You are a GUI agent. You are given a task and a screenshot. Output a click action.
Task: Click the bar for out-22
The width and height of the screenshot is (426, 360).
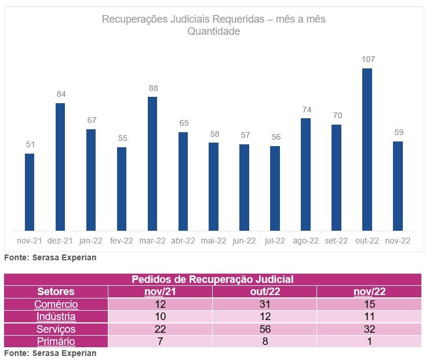coord(367,150)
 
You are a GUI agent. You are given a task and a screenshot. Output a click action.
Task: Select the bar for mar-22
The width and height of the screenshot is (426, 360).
coord(152,163)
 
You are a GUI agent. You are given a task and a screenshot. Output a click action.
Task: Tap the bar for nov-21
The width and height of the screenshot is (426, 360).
coord(30,192)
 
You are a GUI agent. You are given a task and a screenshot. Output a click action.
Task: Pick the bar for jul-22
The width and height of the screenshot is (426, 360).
coord(275,188)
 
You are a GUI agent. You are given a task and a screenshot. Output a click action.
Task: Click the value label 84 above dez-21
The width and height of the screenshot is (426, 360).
coord(61,94)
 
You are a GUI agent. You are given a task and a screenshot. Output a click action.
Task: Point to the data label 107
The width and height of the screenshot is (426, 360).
coord(367,59)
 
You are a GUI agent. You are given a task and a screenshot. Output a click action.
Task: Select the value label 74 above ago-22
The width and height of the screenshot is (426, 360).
coord(305,109)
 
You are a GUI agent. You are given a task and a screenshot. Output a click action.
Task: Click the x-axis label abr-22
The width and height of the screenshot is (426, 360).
coord(183,241)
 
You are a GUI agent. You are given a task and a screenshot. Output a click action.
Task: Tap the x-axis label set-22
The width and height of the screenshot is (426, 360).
coord(336,241)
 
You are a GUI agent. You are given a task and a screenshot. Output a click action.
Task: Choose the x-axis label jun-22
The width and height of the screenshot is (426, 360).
coord(244,241)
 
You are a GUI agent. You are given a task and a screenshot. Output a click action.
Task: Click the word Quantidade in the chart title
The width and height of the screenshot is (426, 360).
coord(213,32)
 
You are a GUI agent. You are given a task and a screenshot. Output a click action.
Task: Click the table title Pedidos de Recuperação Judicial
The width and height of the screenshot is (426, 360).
coord(213,279)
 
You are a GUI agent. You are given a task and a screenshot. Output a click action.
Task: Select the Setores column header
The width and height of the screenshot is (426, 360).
coord(56,292)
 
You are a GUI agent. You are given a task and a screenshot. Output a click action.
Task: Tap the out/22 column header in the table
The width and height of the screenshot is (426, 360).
coord(264,292)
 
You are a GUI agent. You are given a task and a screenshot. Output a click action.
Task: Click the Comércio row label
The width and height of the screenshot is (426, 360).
coord(56,304)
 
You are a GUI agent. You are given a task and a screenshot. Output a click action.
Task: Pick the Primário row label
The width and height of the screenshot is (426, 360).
coord(56,341)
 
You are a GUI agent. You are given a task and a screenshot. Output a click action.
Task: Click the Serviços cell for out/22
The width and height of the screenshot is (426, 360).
coord(264,329)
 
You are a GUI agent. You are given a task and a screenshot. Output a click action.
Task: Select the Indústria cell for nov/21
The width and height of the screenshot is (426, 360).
coord(159,317)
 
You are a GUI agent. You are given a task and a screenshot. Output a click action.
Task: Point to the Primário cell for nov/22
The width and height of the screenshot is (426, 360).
coord(369,341)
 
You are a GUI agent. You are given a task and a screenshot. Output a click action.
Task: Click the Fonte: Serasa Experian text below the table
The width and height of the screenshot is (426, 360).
coord(50,353)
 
